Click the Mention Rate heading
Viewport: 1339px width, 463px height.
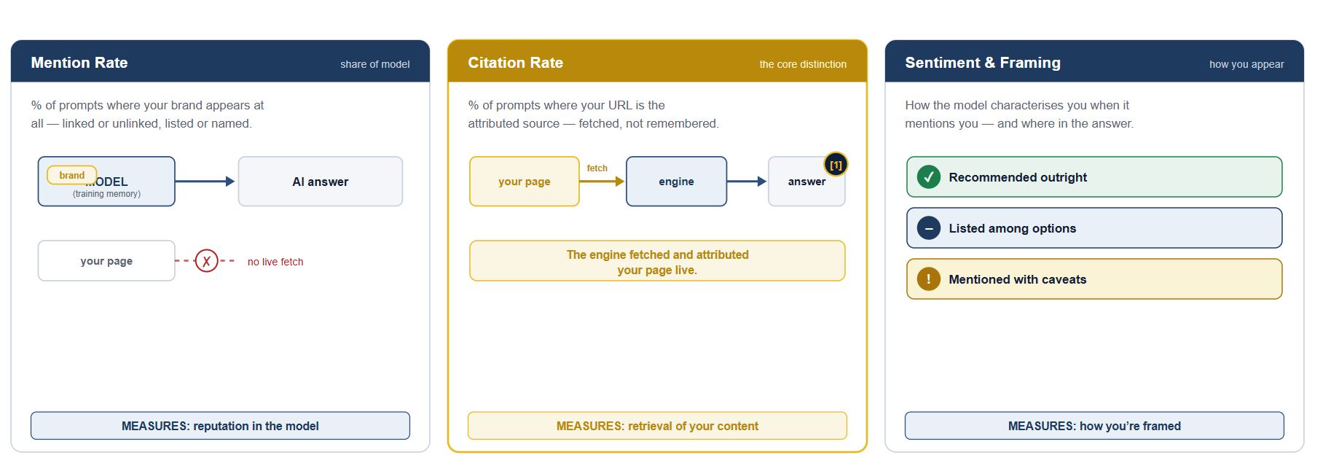79,63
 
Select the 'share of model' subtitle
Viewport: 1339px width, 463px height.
374,64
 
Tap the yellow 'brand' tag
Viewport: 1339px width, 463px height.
71,175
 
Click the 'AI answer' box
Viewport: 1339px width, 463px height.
321,182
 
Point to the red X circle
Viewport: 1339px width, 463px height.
207,260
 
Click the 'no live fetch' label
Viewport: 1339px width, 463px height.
275,262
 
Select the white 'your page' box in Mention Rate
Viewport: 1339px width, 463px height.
106,260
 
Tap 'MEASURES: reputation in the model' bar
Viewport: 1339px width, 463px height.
220,426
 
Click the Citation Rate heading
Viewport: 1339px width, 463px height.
515,63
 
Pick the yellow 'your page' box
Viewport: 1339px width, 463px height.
525,182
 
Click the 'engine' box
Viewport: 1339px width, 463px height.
676,182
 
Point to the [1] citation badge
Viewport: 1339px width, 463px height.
836,165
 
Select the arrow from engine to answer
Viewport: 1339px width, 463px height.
747,182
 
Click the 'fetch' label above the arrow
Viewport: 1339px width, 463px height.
597,168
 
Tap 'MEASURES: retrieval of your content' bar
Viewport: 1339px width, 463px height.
657,426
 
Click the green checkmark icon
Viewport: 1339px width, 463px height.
929,177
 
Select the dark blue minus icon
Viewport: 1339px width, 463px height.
929,228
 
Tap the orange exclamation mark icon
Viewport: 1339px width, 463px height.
929,279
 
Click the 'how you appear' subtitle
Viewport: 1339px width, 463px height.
1246,64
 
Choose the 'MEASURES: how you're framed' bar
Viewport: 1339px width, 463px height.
1094,426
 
